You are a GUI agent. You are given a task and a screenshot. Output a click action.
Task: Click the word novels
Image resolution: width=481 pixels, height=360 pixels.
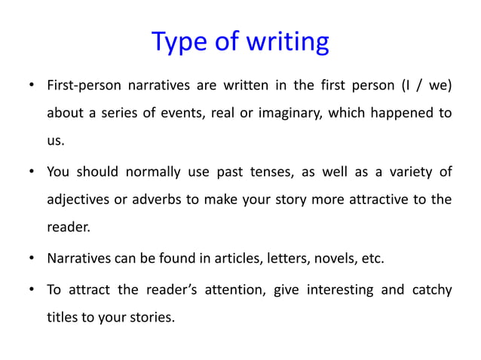tap(341, 259)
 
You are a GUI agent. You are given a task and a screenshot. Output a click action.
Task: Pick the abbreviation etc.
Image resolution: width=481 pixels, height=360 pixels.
tap(374, 259)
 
